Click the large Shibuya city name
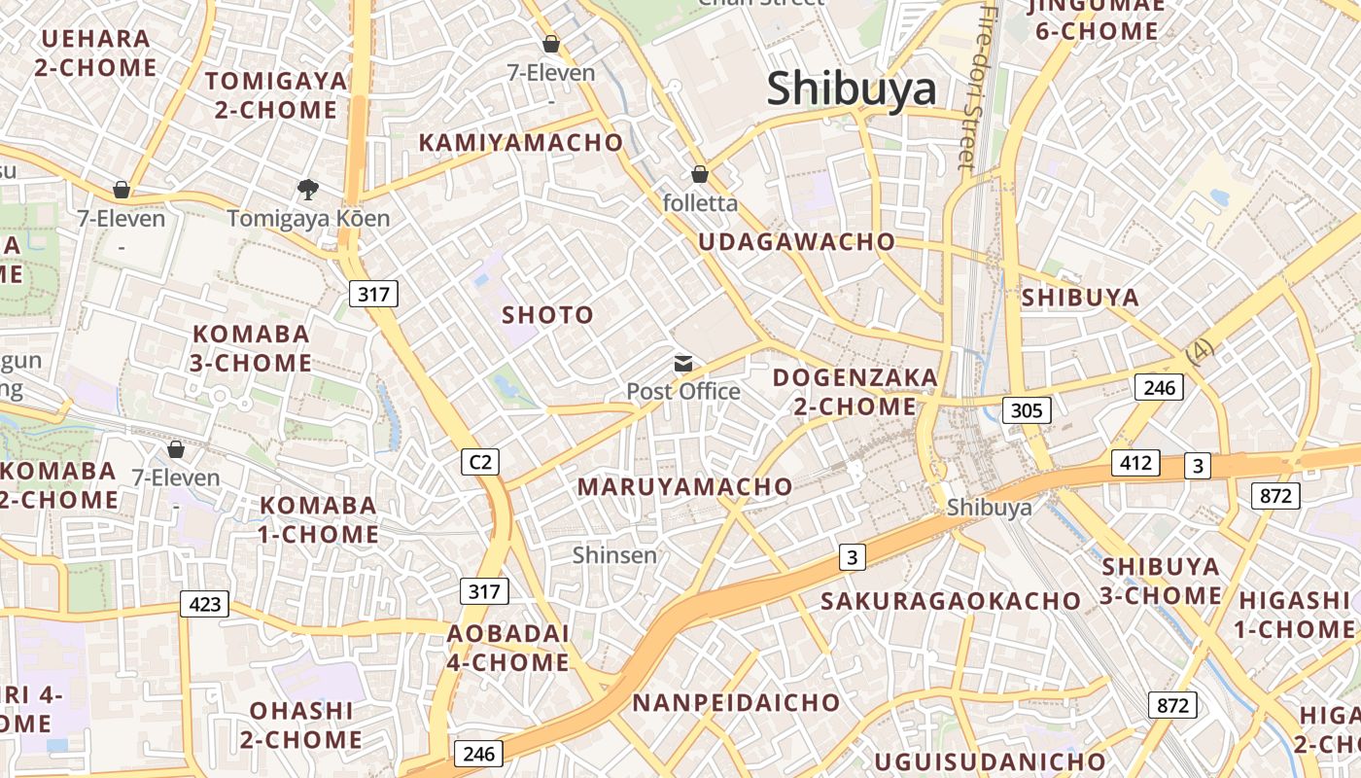[852, 89]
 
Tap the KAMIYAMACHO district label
[520, 143]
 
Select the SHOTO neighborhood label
[547, 315]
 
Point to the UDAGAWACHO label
[797, 242]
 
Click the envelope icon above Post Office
[683, 364]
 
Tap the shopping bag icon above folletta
[699, 174]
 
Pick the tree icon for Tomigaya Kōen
[308, 189]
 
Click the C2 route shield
[480, 462]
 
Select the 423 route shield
[204, 604]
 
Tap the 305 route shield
[1027, 410]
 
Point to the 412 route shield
[1135, 462]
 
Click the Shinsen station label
[614, 555]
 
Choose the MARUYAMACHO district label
[685, 487]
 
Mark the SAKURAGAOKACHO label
[951, 601]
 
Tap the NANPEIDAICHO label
[736, 702]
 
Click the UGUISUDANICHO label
[990, 760]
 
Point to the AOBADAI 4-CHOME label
[508, 648]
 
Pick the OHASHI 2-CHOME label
[301, 725]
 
